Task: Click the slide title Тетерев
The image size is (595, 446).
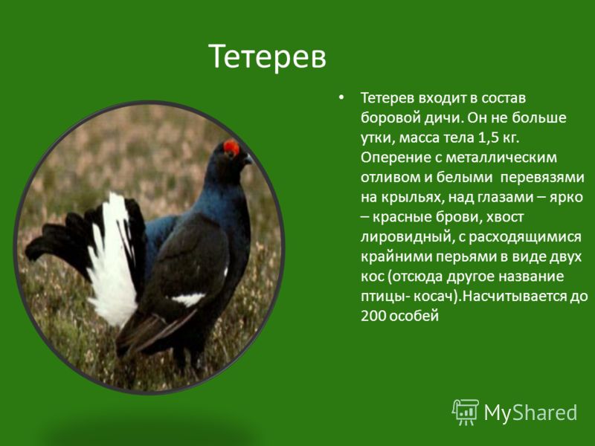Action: (x=267, y=56)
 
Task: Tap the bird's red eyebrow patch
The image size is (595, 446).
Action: (x=231, y=148)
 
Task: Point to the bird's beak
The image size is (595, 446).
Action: (x=248, y=159)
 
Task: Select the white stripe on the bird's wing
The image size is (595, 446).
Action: (x=189, y=300)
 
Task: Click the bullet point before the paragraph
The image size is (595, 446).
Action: (x=341, y=97)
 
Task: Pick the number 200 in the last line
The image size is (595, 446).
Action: (x=373, y=315)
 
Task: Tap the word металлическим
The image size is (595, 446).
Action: (x=501, y=157)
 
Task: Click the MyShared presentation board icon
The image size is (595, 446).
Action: (x=466, y=412)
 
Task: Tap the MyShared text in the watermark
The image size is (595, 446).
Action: (x=530, y=413)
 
